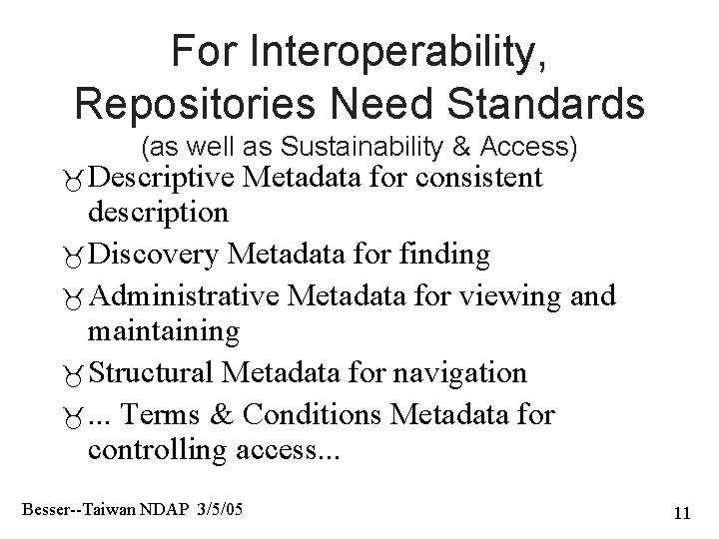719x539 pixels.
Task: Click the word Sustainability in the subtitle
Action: pos(359,149)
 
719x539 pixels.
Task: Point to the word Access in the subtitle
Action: pos(526,149)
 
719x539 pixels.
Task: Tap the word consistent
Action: pos(468,179)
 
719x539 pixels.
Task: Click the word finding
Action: pos(443,256)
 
